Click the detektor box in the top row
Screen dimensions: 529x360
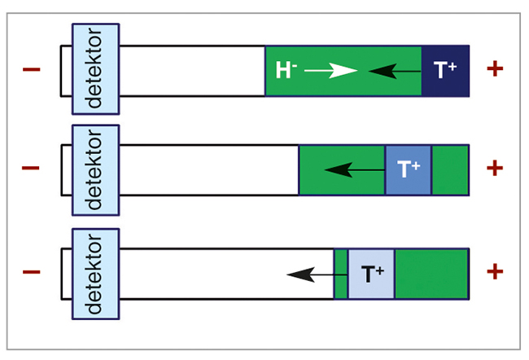point(95,69)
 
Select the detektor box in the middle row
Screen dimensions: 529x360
point(95,170)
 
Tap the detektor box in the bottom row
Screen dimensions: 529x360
point(95,274)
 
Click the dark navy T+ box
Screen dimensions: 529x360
point(445,71)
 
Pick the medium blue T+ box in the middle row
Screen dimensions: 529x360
point(409,170)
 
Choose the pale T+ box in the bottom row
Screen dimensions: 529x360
point(371,274)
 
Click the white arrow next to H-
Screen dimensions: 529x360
point(331,71)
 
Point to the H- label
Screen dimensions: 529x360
point(286,70)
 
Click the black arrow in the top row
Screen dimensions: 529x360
point(395,71)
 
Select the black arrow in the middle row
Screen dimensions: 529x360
point(355,170)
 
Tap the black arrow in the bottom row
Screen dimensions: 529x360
point(317,275)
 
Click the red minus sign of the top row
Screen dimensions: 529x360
point(32,69)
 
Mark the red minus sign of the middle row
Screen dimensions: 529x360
point(31,168)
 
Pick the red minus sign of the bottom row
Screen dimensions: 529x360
point(32,271)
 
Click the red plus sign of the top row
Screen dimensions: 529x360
point(495,69)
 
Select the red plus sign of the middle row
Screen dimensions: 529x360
point(495,168)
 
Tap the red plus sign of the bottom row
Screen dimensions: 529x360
point(495,271)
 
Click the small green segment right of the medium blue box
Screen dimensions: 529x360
point(450,170)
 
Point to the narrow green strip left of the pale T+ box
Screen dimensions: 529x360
point(341,274)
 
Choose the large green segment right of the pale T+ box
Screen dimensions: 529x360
point(432,274)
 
